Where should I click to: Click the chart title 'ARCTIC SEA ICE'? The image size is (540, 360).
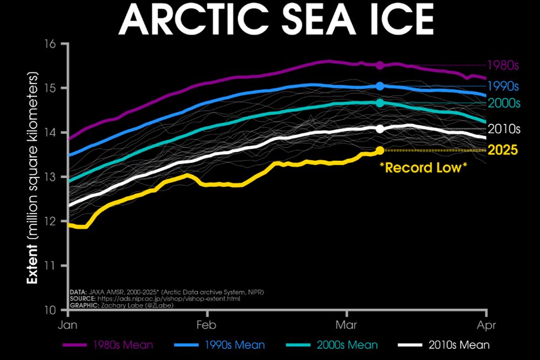tap(276, 21)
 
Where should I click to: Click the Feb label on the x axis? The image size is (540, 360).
tap(206, 325)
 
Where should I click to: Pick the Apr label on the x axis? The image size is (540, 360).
tap(487, 325)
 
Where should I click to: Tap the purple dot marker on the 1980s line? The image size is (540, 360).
tap(380, 65)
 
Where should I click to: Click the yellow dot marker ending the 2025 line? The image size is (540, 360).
tap(380, 150)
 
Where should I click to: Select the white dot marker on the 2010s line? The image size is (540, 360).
tap(380, 128)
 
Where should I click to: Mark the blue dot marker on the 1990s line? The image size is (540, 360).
tap(380, 86)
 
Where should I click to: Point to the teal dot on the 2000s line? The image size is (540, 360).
tap(380, 103)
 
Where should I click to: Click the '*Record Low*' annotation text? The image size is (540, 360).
tap(423, 167)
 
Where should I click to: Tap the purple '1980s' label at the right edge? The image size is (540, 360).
tap(503, 65)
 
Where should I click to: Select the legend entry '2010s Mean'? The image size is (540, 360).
tap(459, 345)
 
